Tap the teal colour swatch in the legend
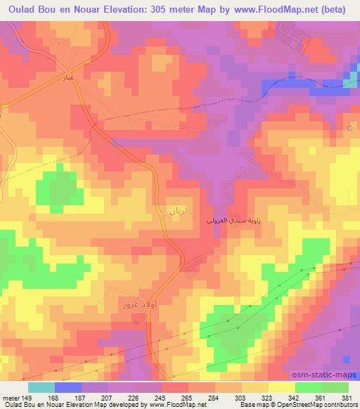pos(41,387)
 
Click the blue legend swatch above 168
pos(67,387)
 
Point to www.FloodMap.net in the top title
pos(266,9)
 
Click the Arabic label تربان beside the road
pos(178,209)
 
